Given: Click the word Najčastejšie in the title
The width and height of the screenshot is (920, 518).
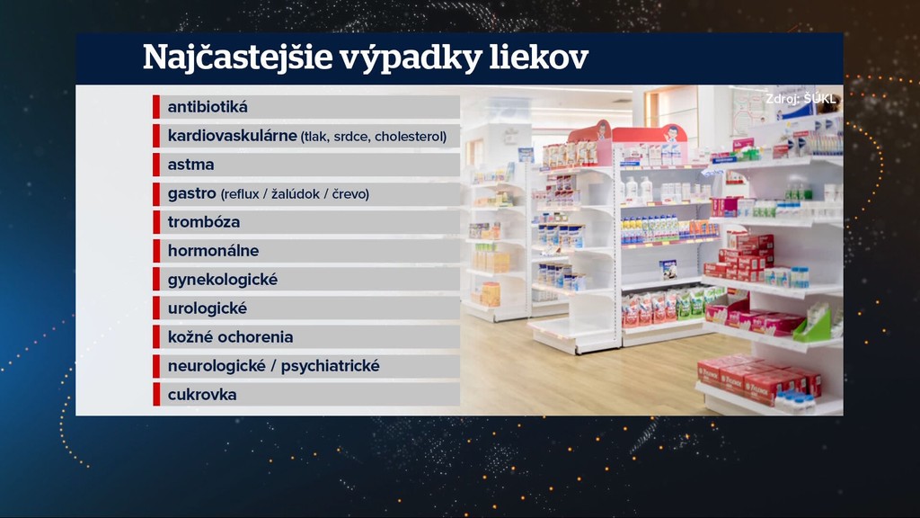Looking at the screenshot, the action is (237, 58).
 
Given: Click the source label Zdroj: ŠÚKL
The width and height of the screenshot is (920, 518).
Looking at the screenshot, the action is (801, 99).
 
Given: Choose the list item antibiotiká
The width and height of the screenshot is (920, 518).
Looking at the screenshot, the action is (208, 107).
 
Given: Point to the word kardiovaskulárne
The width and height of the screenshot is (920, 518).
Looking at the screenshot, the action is (233, 136).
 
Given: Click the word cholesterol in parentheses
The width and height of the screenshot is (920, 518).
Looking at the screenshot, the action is (410, 137).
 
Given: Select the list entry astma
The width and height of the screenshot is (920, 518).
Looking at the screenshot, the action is (190, 165).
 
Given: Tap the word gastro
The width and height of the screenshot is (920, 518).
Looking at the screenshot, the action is (192, 194).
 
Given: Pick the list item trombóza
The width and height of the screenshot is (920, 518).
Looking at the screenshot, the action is (204, 222).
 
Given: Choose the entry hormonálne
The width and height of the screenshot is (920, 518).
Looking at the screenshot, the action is (213, 251).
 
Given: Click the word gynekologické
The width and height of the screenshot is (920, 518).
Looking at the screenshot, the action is (223, 280).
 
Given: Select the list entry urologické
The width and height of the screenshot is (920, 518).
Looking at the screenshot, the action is (208, 308).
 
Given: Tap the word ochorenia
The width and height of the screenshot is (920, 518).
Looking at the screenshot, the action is (255, 337).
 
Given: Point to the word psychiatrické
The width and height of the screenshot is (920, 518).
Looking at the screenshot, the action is (331, 366).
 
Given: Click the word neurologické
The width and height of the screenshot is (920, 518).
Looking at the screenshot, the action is (217, 366).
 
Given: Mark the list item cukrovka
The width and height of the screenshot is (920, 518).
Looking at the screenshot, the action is (202, 395).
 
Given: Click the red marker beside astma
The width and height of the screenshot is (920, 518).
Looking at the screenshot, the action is (156, 165).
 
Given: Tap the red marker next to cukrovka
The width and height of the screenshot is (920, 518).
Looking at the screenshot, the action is (156, 395).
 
